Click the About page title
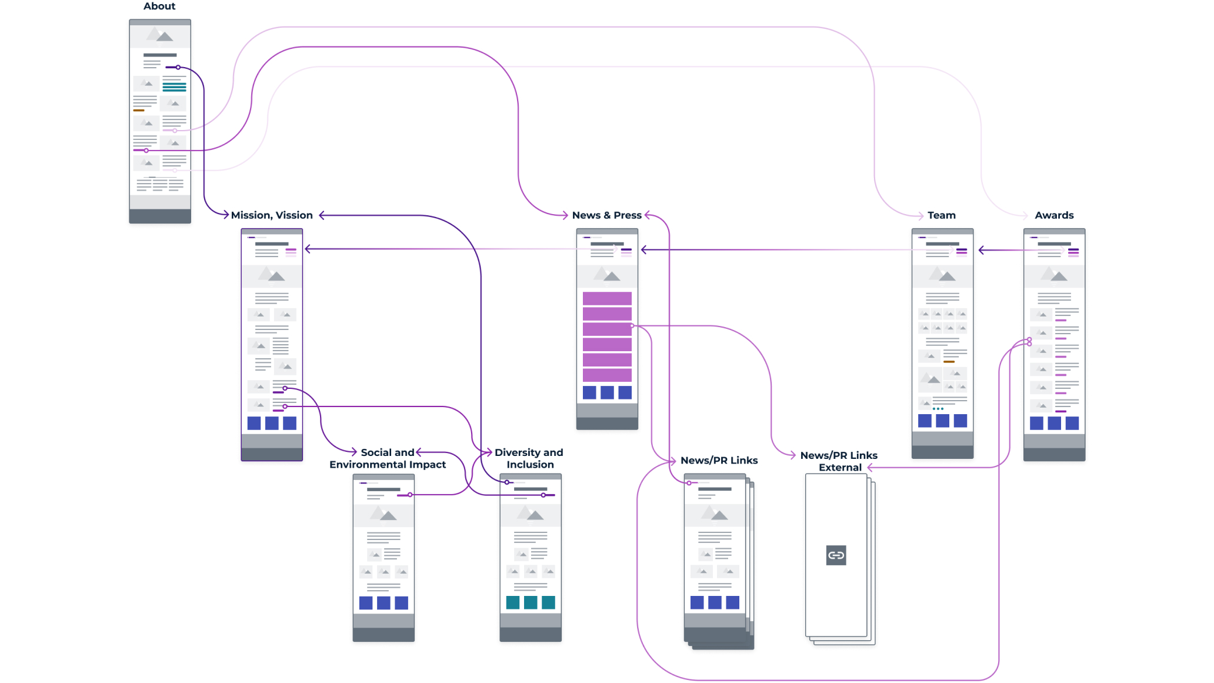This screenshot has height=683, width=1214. click(159, 6)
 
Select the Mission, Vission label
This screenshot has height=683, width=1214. click(272, 215)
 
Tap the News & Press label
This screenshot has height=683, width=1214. click(606, 215)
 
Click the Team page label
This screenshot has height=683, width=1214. click(941, 215)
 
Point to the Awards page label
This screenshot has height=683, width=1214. click(1054, 215)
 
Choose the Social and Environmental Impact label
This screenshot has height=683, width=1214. click(388, 458)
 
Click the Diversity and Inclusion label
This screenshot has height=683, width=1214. click(529, 458)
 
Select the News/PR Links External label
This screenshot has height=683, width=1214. click(839, 461)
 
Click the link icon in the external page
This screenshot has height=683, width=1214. click(836, 555)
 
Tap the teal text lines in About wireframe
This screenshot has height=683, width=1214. click(174, 87)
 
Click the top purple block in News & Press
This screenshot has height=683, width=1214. click(607, 298)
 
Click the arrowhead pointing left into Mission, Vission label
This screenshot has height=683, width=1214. click(322, 215)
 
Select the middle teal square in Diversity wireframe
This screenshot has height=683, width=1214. click(531, 602)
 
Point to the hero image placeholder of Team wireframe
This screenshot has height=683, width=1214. click(942, 275)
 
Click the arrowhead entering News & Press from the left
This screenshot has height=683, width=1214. click(565, 215)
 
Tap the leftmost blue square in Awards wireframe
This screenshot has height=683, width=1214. click(1036, 423)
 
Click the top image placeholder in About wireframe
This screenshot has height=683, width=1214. click(160, 36)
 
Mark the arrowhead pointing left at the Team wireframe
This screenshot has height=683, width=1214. click(981, 251)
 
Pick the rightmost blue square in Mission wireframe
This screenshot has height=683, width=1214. click(290, 423)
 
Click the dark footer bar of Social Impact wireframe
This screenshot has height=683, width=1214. click(383, 635)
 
